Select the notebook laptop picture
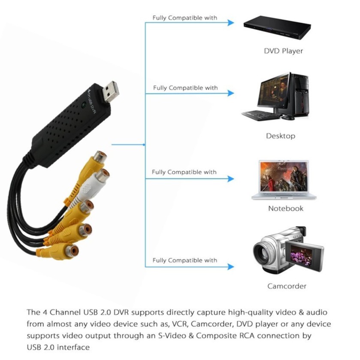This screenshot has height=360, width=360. tap(284, 180)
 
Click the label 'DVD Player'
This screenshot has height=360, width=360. tap(283, 51)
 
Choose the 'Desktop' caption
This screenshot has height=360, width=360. tap(281, 136)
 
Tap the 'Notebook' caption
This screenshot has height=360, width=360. tap(286, 209)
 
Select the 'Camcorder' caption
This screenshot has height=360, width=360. tap(287, 286)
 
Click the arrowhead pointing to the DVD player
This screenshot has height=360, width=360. tap(231, 22)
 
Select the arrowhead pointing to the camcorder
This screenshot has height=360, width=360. tap(231, 266)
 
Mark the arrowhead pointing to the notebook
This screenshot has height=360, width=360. tap(231, 178)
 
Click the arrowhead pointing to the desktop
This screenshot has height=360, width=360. tap(231, 93)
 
